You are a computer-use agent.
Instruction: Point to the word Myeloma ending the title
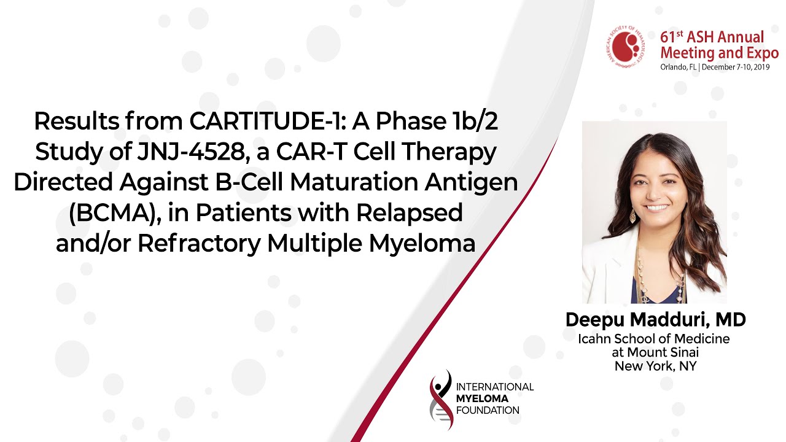point(422,244)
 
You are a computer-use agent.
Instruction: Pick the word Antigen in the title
point(471,183)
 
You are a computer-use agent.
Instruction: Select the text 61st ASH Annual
point(712,37)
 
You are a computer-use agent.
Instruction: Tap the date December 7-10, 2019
point(736,67)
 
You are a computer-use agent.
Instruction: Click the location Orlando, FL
point(678,67)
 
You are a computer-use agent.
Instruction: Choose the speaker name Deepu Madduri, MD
point(655,320)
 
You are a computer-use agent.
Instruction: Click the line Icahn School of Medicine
point(654,339)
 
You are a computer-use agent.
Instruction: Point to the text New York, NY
point(655,366)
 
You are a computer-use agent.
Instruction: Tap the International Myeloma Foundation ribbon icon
point(441,400)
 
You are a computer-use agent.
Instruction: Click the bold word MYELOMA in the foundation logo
point(482,399)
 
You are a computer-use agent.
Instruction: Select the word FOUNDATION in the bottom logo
point(488,411)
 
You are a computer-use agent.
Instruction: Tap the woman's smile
point(657,207)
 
